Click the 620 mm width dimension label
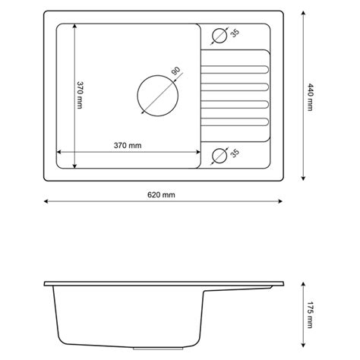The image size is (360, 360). coord(161,194)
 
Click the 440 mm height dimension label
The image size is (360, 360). coord(310,97)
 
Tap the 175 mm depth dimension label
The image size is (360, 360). coord(310,314)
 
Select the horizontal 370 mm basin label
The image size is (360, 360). coord(128,145)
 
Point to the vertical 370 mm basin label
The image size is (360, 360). coord(80,95)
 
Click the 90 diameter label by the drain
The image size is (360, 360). coord(175,71)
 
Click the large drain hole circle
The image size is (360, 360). coord(137,96)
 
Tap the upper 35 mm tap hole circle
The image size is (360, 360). coord(212,36)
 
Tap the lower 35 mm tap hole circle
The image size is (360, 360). coord(212,156)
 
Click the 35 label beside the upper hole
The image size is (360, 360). coord(235,33)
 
